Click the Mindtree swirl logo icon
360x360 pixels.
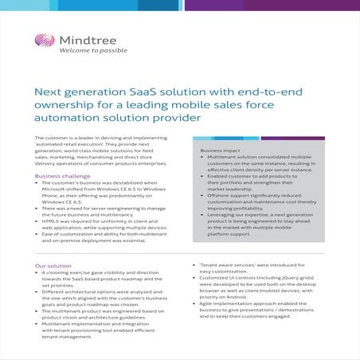44,41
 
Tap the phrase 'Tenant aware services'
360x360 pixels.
227,264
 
